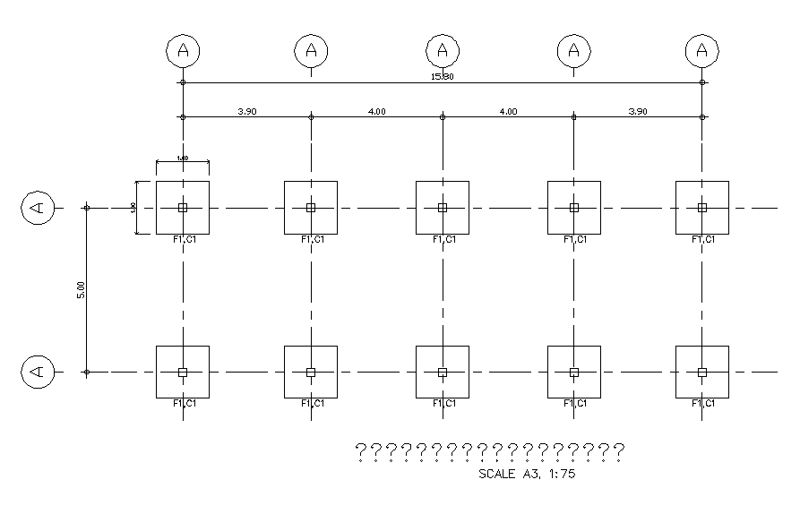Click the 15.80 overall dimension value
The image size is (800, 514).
click(x=443, y=77)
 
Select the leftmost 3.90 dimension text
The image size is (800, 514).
click(x=247, y=111)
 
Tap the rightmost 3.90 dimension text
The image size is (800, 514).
click(x=638, y=111)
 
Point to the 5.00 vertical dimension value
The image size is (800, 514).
click(x=81, y=289)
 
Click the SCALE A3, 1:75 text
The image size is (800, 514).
click(x=528, y=475)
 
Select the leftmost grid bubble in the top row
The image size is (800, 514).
click(x=183, y=51)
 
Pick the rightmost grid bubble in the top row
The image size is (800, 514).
click(x=702, y=51)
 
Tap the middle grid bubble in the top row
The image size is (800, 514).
click(x=443, y=51)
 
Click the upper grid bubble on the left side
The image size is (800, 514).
click(x=38, y=208)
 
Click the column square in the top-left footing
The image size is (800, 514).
click(x=183, y=208)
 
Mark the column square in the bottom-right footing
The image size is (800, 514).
click(x=702, y=372)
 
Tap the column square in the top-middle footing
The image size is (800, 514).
click(x=443, y=208)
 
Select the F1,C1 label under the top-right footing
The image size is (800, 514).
click(x=704, y=239)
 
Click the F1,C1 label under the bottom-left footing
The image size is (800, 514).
click(x=185, y=404)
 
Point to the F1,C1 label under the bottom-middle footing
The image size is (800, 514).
click(x=444, y=404)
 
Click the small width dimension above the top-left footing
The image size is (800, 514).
click(x=183, y=159)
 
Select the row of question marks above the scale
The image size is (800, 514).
click(x=490, y=451)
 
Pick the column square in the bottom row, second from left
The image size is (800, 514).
click(x=311, y=372)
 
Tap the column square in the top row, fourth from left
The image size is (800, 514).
click(x=574, y=208)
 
